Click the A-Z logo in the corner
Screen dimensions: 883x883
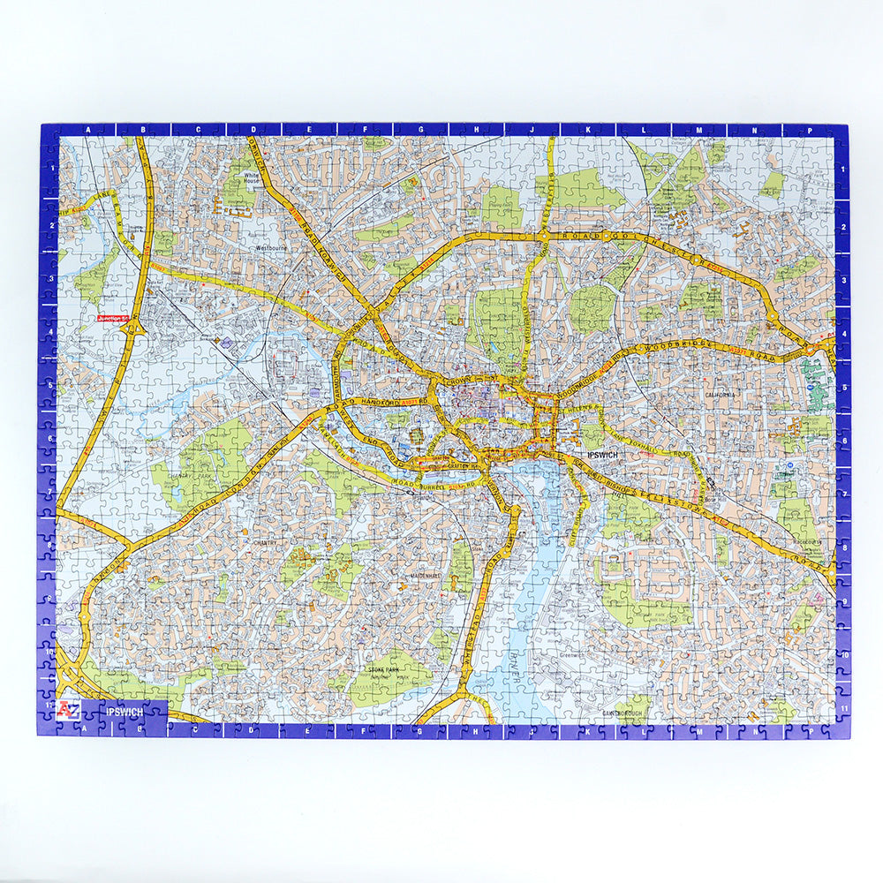(69, 710)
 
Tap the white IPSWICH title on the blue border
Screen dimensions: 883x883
(124, 711)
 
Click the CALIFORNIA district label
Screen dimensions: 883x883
(720, 395)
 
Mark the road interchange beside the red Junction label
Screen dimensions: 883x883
(133, 329)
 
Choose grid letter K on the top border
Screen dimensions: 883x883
(586, 129)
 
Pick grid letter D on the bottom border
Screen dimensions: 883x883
(253, 730)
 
